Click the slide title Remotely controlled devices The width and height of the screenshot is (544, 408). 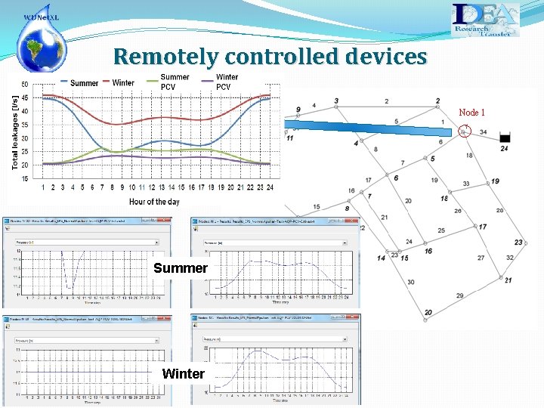click(270, 56)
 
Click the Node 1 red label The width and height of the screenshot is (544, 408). click(471, 113)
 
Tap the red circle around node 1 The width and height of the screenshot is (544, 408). click(465, 132)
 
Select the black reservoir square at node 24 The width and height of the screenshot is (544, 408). click(505, 138)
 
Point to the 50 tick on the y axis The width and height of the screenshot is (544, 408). click(25, 85)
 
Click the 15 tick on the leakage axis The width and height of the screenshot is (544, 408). click(25, 178)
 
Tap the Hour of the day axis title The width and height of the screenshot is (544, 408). click(154, 202)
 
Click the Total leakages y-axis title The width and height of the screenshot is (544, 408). click(15, 132)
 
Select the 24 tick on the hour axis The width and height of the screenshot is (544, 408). click(270, 187)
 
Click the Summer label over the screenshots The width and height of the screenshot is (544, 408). click(180, 268)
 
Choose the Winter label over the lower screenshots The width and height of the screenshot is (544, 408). click(183, 373)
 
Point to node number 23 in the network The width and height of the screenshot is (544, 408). click(518, 243)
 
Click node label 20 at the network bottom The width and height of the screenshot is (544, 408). click(428, 313)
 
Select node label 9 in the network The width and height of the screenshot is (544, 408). click(298, 110)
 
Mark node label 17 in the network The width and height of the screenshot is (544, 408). click(482, 227)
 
